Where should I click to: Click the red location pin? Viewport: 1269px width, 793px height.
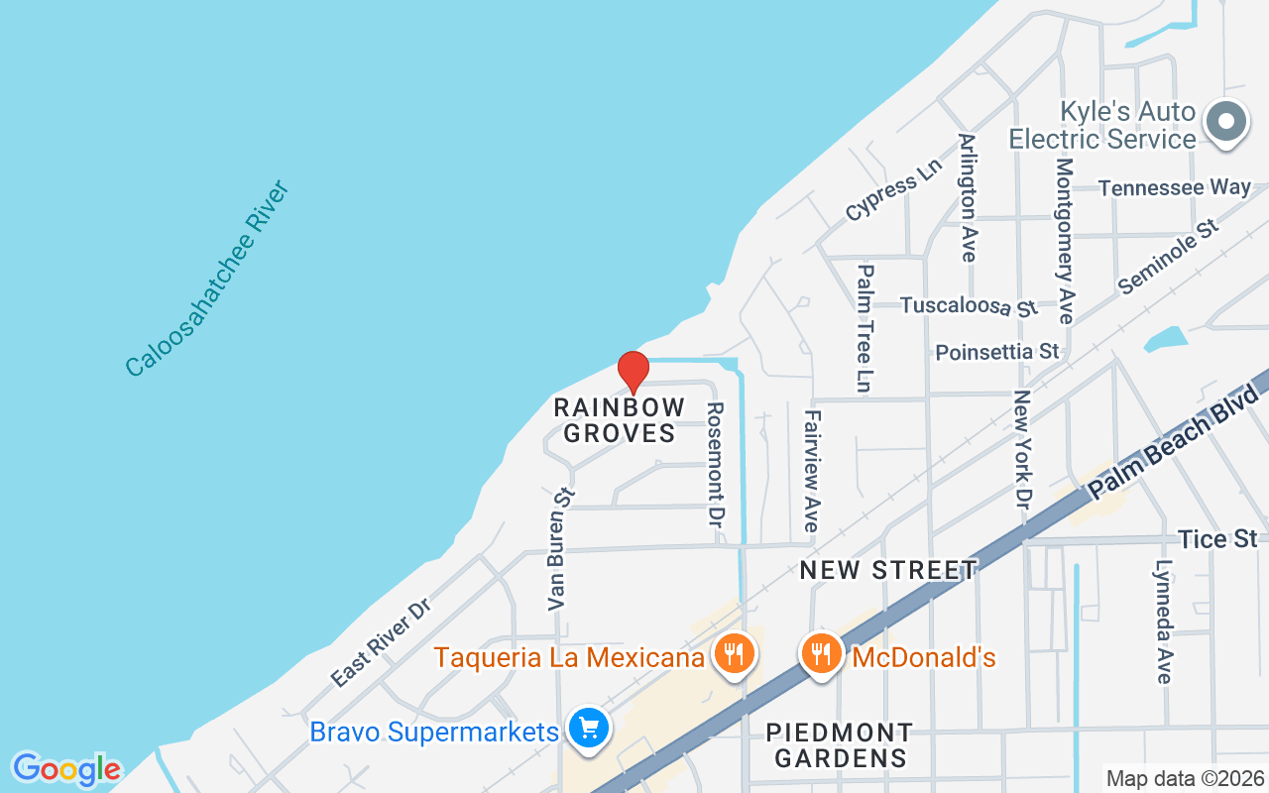tap(634, 371)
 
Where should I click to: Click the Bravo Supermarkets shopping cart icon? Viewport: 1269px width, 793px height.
tap(590, 731)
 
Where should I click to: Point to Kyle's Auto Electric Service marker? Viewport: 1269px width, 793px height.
tap(1226, 123)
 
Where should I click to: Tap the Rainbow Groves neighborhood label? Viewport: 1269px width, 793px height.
tap(620, 420)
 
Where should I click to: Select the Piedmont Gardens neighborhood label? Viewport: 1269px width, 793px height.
tap(840, 745)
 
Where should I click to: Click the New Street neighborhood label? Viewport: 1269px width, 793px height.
tap(888, 570)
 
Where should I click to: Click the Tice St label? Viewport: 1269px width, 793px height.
tap(1218, 539)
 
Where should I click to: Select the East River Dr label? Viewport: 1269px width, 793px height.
tap(380, 642)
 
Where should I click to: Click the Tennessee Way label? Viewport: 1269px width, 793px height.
tap(1174, 187)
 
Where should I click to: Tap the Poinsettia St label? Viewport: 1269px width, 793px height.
tap(997, 352)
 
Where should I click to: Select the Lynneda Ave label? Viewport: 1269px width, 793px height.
tap(1164, 622)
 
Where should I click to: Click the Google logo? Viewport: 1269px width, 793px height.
tap(66, 769)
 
